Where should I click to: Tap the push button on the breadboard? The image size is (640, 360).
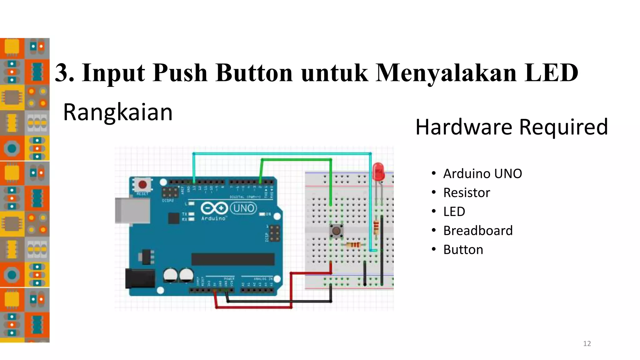coord(336,231)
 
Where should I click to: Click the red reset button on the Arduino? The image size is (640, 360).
coord(142,185)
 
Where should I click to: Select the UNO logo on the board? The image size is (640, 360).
coord(243,208)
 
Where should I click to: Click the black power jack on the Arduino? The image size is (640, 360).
coord(140,278)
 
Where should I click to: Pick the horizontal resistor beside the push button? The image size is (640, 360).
coord(353,245)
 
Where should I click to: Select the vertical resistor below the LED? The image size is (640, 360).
coord(376,227)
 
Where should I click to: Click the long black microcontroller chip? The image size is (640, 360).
coord(233,259)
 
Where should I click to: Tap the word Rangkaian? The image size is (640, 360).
coord(118,112)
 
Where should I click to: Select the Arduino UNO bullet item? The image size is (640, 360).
coord(482,174)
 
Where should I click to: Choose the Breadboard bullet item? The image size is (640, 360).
coord(478,231)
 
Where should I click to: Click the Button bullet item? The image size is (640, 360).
coord(463,250)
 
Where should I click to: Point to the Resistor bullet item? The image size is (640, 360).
coord(467,193)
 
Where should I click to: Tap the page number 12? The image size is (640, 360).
coord(587,344)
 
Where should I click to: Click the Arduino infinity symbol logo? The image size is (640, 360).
coord(214,208)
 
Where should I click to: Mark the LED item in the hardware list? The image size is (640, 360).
coord(454,212)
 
